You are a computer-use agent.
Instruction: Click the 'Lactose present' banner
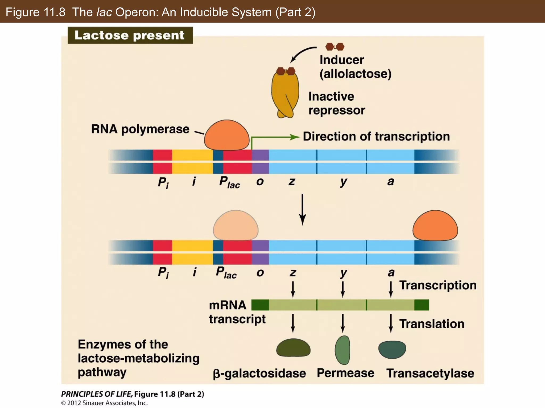(x=130, y=35)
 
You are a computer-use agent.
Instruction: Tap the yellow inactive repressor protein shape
(x=285, y=94)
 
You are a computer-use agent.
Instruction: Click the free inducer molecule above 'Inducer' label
(x=335, y=47)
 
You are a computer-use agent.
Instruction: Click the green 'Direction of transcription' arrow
(x=274, y=137)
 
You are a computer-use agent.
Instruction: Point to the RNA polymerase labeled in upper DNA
(x=227, y=135)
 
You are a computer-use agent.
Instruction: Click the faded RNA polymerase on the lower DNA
(x=236, y=226)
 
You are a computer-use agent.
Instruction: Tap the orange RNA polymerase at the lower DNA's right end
(x=435, y=226)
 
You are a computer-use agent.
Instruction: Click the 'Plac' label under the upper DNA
(x=229, y=182)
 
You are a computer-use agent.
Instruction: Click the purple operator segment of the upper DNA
(x=260, y=161)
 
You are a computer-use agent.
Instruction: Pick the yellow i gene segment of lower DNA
(x=192, y=252)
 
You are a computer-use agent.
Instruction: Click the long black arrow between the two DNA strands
(x=302, y=210)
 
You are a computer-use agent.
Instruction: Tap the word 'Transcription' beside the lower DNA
(x=438, y=285)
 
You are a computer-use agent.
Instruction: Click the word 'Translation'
(x=432, y=324)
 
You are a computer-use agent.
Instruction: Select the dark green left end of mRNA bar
(x=260, y=305)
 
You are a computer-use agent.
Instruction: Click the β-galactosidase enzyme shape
(x=293, y=348)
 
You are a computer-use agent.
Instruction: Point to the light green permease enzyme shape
(x=342, y=350)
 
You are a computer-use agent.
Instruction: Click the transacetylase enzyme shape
(x=392, y=349)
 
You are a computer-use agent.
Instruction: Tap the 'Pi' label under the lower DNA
(x=163, y=273)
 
